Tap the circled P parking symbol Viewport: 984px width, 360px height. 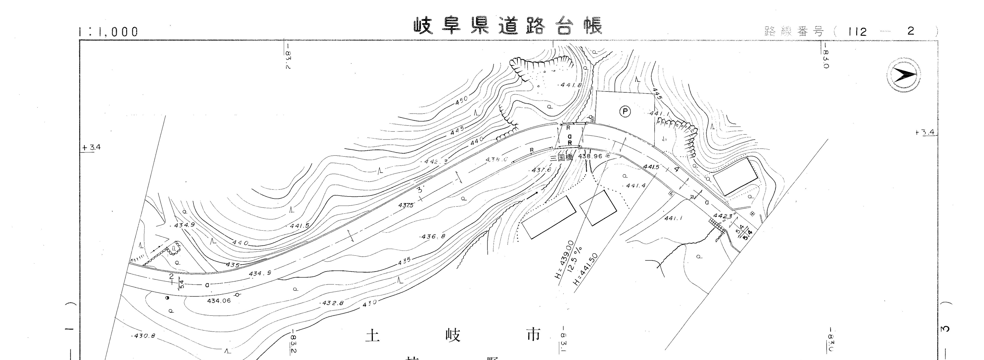pos(625,111)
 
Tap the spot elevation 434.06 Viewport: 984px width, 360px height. pos(219,301)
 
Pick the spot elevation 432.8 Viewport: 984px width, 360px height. pos(332,303)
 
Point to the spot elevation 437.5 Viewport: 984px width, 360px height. pos(406,205)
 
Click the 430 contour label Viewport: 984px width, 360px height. pos(369,302)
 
